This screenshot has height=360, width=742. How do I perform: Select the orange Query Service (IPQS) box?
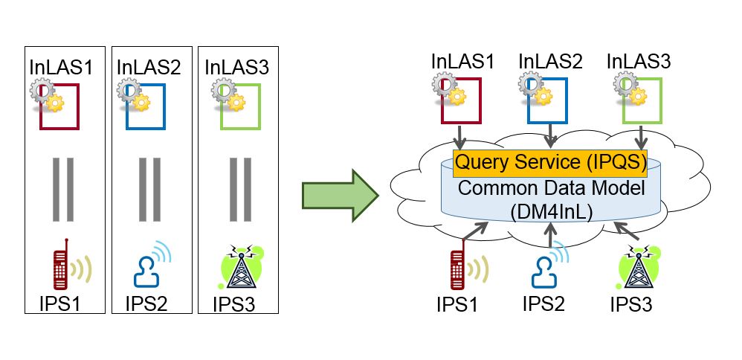coord(550,162)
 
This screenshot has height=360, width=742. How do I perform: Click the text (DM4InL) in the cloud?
coord(549,210)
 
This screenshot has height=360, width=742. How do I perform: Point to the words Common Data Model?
coord(550,187)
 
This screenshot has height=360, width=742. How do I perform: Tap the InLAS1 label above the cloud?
coord(462,62)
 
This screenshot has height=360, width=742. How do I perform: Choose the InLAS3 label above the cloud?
coord(639,62)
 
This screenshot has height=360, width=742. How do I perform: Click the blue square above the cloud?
coord(550,101)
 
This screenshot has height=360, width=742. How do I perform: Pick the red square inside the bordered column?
coord(59,106)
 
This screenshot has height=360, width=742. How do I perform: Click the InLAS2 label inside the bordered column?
coord(149,67)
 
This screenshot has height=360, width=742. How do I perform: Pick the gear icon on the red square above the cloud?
coord(449,89)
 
